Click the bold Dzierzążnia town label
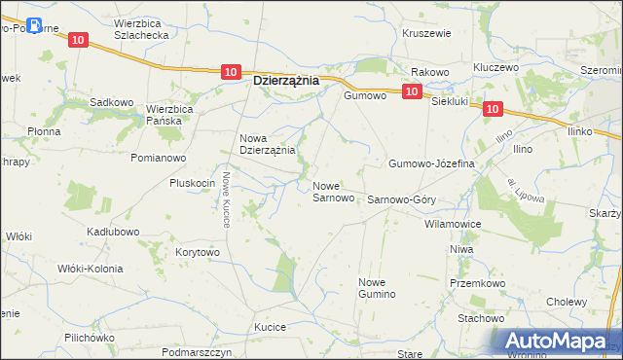285,82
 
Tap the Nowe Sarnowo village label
333,192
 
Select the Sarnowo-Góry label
401,198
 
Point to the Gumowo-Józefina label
431,163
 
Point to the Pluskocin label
192,183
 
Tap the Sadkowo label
110,102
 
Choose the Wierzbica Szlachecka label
142,27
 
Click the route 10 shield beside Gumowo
411,90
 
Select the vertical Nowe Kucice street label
225,199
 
